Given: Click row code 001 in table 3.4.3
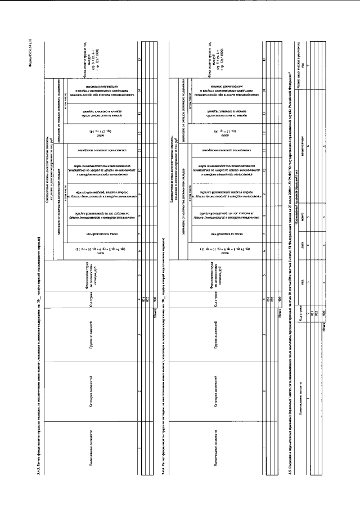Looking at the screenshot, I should pyautogui.click(x=143, y=301).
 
